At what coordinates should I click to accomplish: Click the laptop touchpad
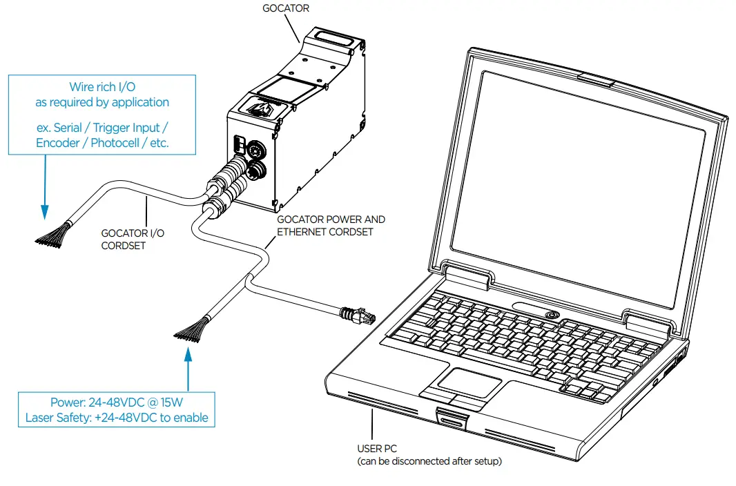click(x=470, y=382)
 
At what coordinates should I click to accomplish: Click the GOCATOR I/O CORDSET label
click(x=133, y=240)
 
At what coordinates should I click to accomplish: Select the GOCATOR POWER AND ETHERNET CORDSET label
click(x=331, y=226)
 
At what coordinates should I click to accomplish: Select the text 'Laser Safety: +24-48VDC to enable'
click(x=117, y=418)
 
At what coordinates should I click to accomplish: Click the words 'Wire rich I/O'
click(x=102, y=87)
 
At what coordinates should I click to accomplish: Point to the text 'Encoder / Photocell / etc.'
click(x=102, y=144)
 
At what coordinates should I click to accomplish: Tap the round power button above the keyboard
click(x=550, y=314)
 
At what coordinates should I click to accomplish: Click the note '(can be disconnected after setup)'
click(x=429, y=461)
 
